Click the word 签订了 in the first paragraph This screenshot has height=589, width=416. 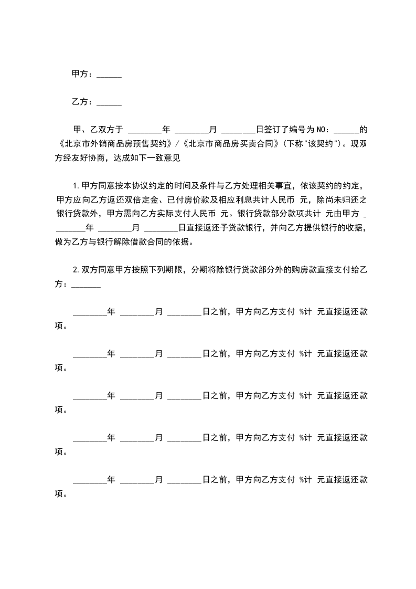[x=276, y=129]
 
